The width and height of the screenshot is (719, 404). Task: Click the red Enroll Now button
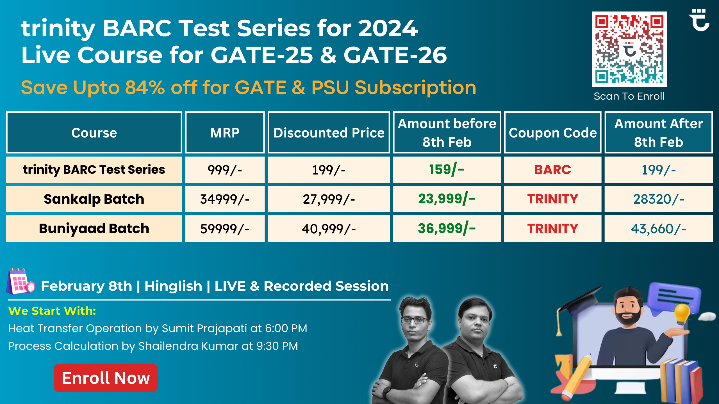pos(106,378)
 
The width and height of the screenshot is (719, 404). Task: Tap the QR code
pos(629,49)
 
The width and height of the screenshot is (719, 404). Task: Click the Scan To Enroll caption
pos(629,96)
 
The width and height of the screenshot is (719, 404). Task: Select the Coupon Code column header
pos(553,132)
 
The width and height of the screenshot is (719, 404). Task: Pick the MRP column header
pos(225,132)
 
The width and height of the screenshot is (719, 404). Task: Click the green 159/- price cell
pos(447,169)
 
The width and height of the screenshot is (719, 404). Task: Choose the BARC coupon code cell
pos(553,169)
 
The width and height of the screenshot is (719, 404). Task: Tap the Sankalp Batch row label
pos(94,199)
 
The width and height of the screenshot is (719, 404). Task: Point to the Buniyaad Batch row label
pos(94,228)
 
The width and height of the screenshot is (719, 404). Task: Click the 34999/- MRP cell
pos(225,199)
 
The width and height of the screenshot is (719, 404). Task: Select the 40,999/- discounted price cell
pos(329,228)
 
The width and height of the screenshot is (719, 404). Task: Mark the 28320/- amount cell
pos(659,199)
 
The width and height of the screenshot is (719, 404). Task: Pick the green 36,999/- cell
pos(447,228)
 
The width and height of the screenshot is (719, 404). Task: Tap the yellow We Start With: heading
pos(52,311)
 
